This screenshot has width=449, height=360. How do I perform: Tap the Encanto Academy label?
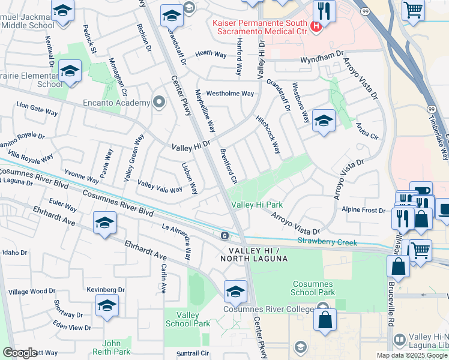tap(125, 103)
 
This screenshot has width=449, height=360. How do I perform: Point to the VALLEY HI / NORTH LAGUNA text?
tap(254, 254)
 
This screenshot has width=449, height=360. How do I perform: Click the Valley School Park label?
tap(194, 319)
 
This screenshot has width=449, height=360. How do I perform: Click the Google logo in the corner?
tap(20, 353)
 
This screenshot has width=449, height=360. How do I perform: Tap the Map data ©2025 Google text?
tap(412, 355)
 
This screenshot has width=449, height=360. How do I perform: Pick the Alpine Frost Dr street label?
tap(363, 210)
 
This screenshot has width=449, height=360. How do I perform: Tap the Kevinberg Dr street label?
tap(105, 290)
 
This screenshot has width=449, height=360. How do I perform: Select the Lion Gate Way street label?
tap(37, 108)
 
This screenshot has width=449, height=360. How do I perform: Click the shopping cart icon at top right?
tap(413, 10)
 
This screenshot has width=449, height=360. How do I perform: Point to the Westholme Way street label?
tap(230, 94)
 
